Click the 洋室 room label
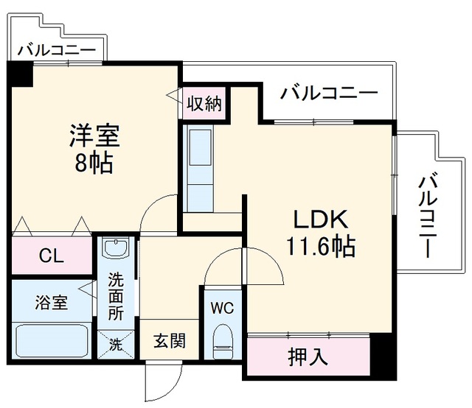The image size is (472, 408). (94, 136)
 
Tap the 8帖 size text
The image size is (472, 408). (94, 163)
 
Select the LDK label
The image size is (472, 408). (321, 219)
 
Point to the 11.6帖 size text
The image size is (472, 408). (321, 246)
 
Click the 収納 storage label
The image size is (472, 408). (204, 104)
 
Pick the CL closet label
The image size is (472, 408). (52, 256)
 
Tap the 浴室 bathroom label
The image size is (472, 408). (51, 302)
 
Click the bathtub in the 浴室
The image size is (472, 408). (52, 341)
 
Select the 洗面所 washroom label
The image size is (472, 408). (116, 297)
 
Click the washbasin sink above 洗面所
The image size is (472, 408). (116, 247)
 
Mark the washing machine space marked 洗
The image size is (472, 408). (116, 344)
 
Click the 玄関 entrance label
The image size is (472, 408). (170, 341)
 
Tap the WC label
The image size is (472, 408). (222, 308)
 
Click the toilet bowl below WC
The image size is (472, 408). (223, 341)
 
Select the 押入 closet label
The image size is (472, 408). (308, 357)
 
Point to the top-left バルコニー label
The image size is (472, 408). (57, 50)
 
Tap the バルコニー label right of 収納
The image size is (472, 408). (329, 93)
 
